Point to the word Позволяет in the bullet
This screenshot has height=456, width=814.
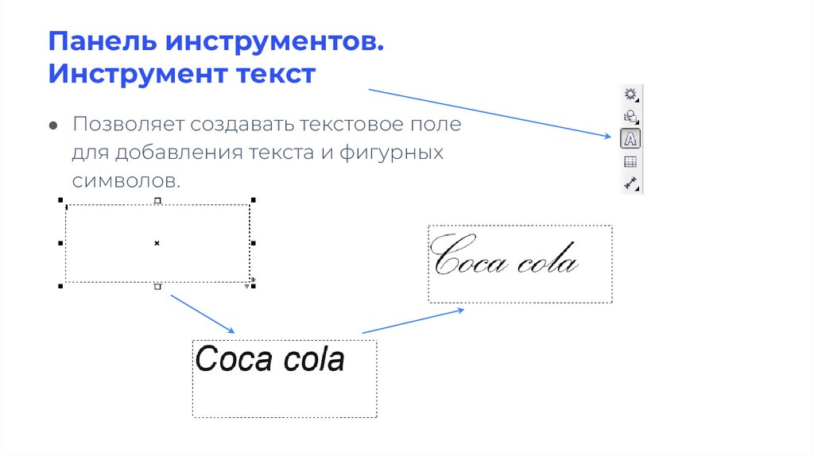(129, 125)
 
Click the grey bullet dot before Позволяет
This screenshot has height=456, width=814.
(52, 126)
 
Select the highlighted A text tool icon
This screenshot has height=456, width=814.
(630, 138)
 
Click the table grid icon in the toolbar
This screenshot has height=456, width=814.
(630, 161)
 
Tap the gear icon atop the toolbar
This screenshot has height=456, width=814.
(630, 94)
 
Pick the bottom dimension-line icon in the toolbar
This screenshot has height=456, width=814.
(630, 183)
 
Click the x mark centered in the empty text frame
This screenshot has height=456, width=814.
(157, 242)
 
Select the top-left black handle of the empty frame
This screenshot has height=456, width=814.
(61, 200)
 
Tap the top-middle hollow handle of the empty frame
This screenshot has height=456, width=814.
(157, 200)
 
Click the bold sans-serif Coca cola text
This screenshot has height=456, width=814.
(269, 359)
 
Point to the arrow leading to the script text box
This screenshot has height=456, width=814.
(413, 321)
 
